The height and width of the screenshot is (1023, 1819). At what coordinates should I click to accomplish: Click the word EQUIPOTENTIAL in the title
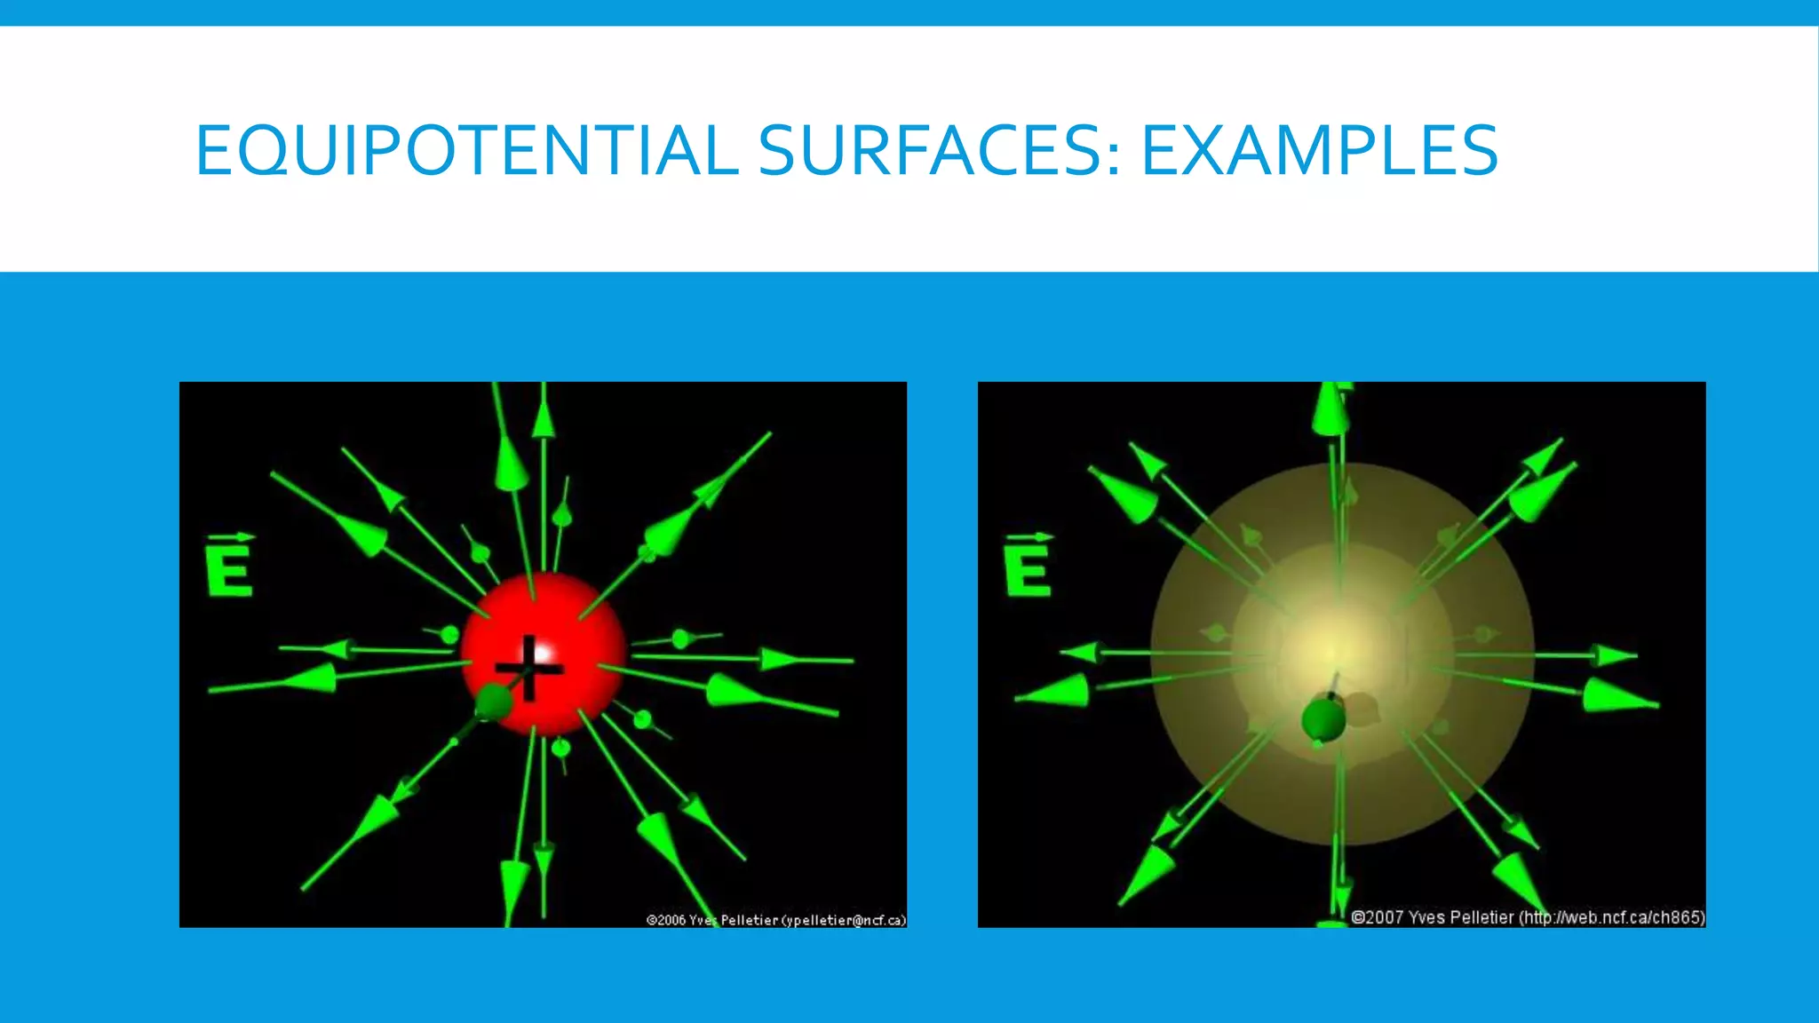click(x=466, y=150)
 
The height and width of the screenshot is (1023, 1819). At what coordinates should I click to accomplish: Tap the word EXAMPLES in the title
click(x=1320, y=150)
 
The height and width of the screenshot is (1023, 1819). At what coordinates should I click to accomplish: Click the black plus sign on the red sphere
click(x=529, y=668)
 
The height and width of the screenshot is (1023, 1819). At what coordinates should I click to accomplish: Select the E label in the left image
click(x=229, y=568)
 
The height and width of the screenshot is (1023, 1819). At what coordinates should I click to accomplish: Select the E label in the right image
click(x=1028, y=568)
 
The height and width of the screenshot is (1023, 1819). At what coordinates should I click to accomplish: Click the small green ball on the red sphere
click(x=493, y=702)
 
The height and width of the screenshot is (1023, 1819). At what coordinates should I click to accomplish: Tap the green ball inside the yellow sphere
click(x=1323, y=719)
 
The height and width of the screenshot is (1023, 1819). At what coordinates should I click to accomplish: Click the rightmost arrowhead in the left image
click(x=782, y=659)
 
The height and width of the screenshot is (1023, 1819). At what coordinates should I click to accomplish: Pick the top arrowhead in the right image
click(x=1330, y=409)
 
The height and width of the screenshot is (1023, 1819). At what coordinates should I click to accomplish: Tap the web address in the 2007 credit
click(x=1611, y=917)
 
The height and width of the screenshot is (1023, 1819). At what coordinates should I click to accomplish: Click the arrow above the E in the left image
click(x=233, y=537)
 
